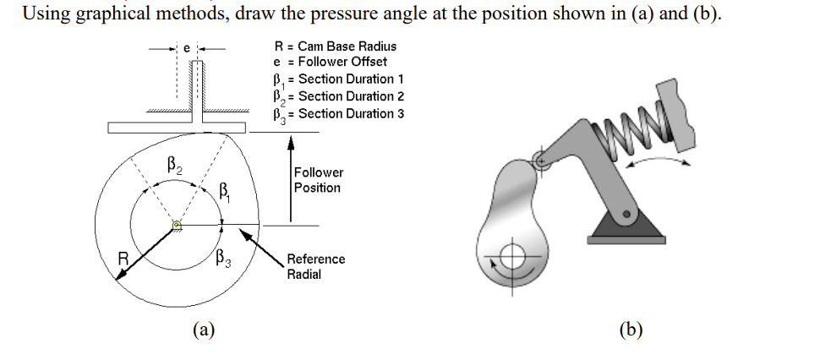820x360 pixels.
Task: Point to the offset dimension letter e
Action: point(188,49)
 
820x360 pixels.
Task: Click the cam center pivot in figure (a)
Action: point(177,225)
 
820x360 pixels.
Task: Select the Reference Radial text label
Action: point(315,267)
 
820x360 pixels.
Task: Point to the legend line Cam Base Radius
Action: point(335,46)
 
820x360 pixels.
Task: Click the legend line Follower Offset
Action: point(330,62)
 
